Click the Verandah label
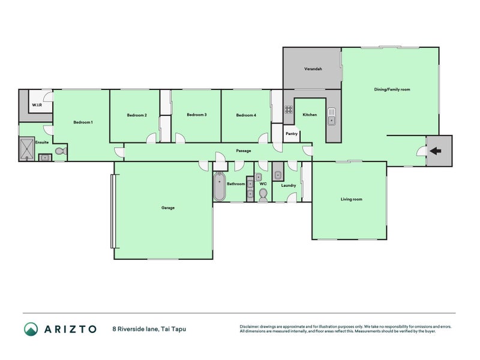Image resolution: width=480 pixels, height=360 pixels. pyautogui.click(x=313, y=69)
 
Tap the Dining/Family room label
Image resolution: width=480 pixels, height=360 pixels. pyautogui.click(x=392, y=89)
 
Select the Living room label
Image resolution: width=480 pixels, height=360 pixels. pyautogui.click(x=351, y=199)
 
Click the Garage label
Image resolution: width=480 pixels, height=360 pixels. pyautogui.click(x=168, y=208)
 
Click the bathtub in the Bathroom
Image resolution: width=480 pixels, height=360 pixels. pyautogui.click(x=219, y=187)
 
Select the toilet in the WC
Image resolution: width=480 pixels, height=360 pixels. pyautogui.click(x=263, y=194)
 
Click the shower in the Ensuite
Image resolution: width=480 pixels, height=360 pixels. pyautogui.click(x=27, y=149)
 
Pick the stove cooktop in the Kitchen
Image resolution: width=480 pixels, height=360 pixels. pyautogui.click(x=288, y=110)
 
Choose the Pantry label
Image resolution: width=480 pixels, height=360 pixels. pyautogui.click(x=292, y=134)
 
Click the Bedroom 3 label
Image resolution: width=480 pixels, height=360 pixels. pyautogui.click(x=196, y=115)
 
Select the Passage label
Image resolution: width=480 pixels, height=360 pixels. pyautogui.click(x=243, y=151)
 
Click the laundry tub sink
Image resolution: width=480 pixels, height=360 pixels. pyautogui.click(x=278, y=175)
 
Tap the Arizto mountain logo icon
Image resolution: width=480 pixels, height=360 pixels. pyautogui.click(x=31, y=329)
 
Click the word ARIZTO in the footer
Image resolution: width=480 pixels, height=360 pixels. pyautogui.click(x=70, y=329)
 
